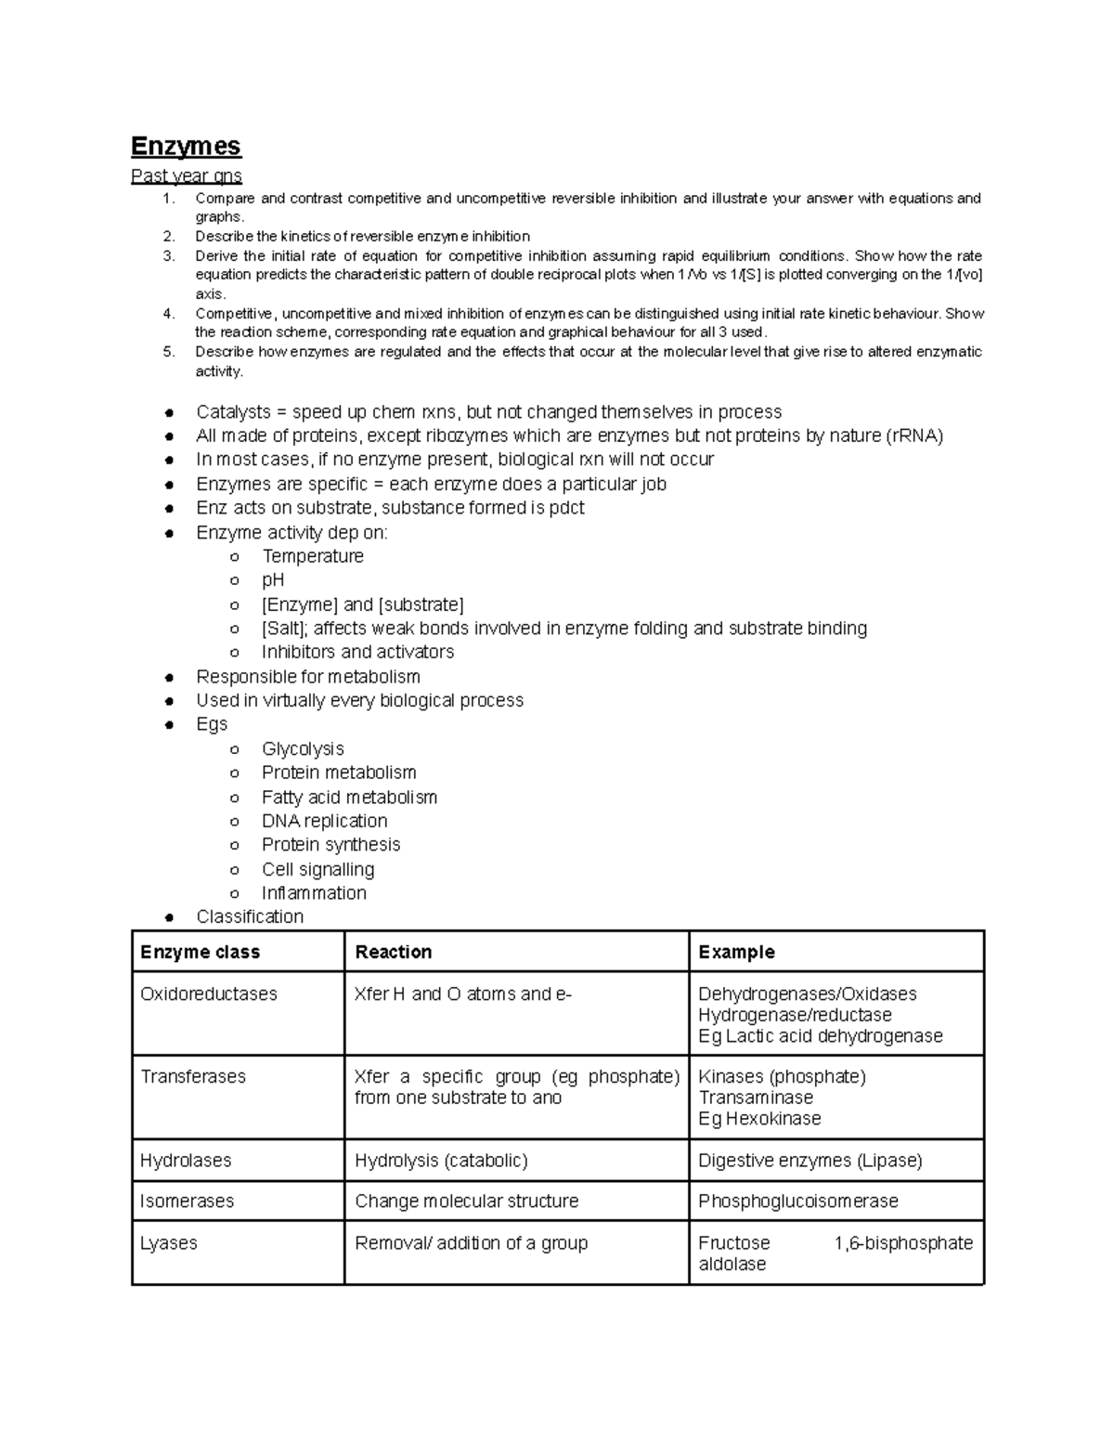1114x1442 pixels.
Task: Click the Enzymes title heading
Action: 186,147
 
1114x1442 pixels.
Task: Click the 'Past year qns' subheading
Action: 186,175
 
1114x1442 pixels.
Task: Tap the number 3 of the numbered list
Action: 168,256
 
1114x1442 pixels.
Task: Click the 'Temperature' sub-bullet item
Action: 312,556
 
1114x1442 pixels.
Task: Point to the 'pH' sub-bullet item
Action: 273,580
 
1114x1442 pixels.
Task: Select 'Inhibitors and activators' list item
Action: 357,652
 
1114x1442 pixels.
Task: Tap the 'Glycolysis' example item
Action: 303,748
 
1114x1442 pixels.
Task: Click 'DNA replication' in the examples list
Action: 324,821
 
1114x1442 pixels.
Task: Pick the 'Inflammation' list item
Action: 314,893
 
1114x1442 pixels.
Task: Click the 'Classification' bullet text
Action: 250,916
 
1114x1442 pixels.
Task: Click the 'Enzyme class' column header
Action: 200,952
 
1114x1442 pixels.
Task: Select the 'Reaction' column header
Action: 393,952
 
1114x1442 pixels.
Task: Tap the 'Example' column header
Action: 736,952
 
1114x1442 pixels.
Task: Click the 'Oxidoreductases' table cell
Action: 208,994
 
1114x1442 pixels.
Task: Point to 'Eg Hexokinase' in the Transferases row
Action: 759,1119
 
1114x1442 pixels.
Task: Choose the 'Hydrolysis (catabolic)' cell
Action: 441,1161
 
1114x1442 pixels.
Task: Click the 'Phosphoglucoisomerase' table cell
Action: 797,1202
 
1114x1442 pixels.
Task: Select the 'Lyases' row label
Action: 168,1243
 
